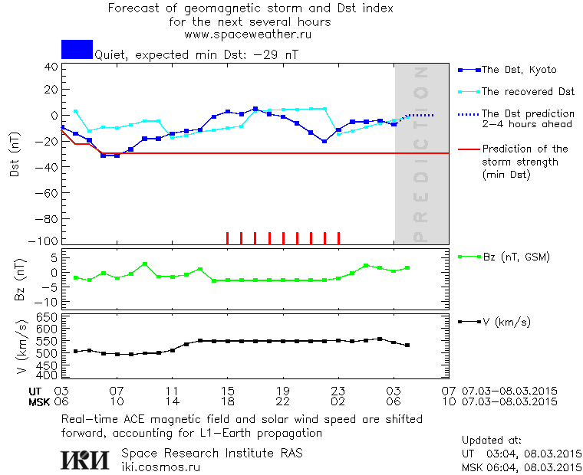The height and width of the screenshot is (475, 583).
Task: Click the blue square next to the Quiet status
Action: coord(77,49)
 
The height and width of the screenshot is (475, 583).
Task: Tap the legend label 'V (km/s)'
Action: coord(506,321)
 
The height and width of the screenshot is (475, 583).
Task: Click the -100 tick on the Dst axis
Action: coord(48,241)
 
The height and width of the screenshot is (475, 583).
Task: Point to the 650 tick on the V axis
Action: coord(48,317)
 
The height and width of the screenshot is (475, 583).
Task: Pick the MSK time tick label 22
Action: coord(283,401)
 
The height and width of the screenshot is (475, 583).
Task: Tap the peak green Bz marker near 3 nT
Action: coord(145,264)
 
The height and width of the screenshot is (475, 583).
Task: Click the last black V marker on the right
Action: coord(407,346)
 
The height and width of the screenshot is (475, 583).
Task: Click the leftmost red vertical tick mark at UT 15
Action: coord(227,237)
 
